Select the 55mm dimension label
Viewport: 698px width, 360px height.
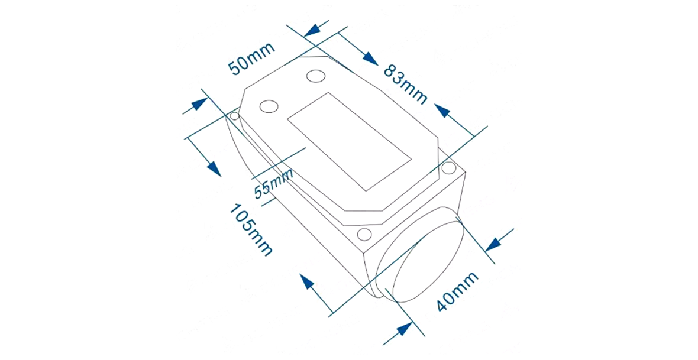pyautogui.click(x=273, y=182)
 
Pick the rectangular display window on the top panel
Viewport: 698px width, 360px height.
pyautogui.click(x=349, y=141)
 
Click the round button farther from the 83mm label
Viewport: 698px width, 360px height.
pyautogui.click(x=269, y=106)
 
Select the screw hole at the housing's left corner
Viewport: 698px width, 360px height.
pyautogui.click(x=235, y=116)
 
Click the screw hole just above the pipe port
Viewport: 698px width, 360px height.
pyautogui.click(x=364, y=235)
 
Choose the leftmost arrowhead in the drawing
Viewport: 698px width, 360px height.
pyautogui.click(x=198, y=105)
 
